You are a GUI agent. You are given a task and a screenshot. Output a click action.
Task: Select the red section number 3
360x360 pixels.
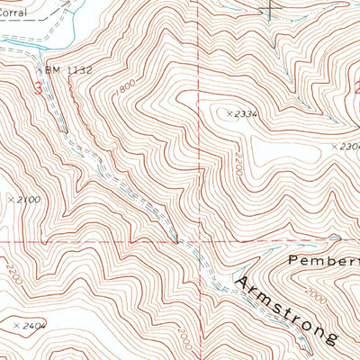(38, 88)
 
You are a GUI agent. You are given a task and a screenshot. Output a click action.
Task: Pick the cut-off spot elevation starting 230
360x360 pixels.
(348, 146)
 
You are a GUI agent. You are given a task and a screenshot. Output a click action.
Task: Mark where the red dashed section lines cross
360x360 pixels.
(199, 242)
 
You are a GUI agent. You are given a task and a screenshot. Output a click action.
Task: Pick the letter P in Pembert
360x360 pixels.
(295, 259)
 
